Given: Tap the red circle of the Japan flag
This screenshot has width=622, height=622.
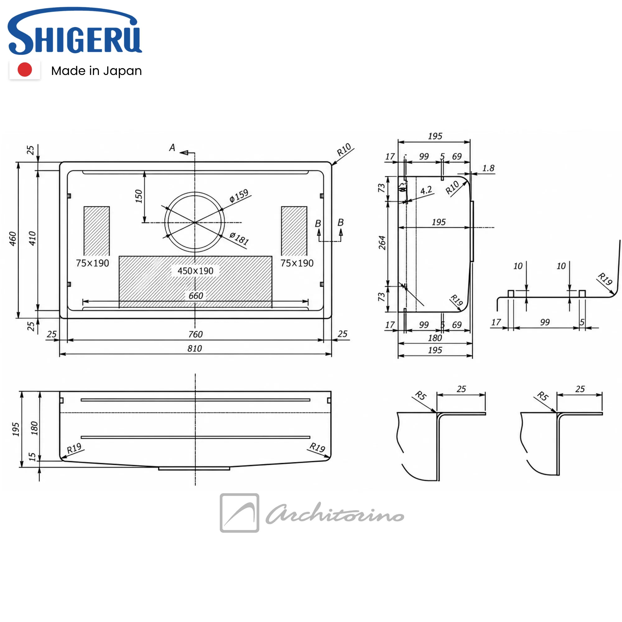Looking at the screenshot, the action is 25,70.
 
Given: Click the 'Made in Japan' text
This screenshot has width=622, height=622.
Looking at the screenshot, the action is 96,71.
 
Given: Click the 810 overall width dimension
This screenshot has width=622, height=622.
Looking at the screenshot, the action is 195,348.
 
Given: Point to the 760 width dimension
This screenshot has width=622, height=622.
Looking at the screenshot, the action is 195,334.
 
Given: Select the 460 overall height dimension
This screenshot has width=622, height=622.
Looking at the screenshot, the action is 12,239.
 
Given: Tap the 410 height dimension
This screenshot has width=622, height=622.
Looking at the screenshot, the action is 32,238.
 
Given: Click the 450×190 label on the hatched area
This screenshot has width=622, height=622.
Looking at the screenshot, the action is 195,271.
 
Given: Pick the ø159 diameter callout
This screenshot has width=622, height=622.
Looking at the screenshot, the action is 239,196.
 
